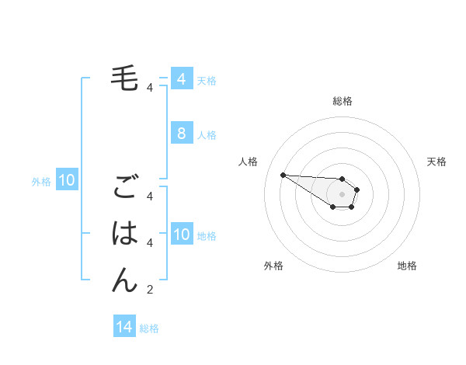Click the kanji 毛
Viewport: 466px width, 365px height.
coord(125,78)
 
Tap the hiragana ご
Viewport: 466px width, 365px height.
coord(125,189)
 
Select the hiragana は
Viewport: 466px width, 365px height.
coord(125,233)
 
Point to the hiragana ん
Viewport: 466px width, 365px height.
coord(125,279)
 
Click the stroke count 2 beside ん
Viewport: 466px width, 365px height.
coord(150,290)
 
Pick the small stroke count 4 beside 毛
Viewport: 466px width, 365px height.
coord(150,88)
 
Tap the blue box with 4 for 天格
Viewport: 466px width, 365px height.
coord(182,78)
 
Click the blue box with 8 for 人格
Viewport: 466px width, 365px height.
coord(182,134)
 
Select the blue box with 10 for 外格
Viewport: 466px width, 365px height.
coord(68,181)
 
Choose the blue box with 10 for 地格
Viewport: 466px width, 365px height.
coord(182,235)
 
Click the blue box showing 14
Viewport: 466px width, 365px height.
coord(124,327)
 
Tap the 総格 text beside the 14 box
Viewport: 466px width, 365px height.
coord(149,328)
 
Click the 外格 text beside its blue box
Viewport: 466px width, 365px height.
coord(41,182)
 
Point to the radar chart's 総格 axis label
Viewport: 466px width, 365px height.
coord(343,101)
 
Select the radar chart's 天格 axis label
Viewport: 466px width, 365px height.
coord(436,162)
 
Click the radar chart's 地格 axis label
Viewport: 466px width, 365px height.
coord(407,266)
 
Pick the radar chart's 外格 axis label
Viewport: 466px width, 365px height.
coord(273,266)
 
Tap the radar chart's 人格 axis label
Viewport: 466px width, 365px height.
coord(248,162)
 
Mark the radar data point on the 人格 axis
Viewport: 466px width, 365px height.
coord(283,175)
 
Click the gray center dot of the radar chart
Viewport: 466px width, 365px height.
coord(343,194)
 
